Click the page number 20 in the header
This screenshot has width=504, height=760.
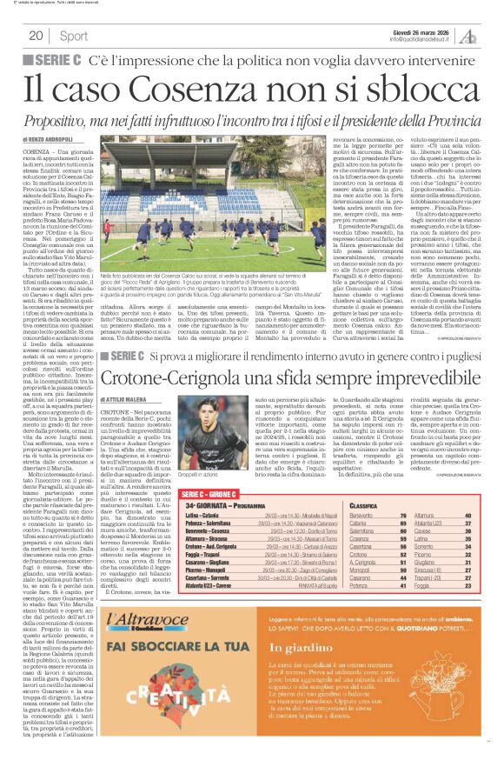(36, 36)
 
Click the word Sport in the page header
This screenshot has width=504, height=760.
(74, 37)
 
